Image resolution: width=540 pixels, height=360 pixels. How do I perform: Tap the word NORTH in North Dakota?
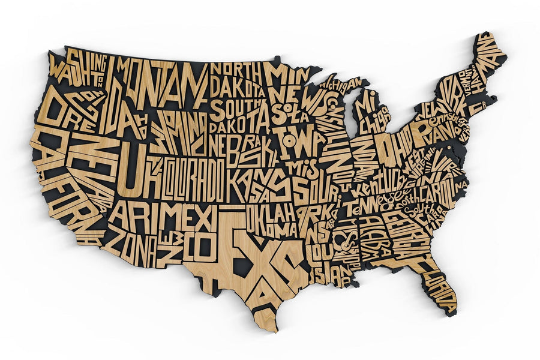pyautogui.click(x=235, y=70)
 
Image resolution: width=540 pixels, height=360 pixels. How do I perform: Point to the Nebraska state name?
pyautogui.click(x=244, y=150)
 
